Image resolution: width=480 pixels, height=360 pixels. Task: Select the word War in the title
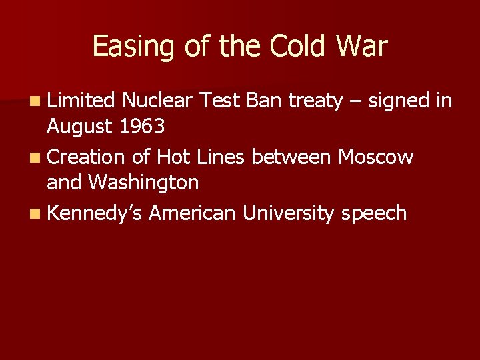(362, 47)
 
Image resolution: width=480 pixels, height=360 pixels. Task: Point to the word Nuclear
(157, 101)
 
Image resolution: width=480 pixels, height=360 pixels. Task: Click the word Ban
(265, 101)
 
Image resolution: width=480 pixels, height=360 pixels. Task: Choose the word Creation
(86, 157)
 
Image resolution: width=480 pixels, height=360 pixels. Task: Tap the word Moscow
(375, 157)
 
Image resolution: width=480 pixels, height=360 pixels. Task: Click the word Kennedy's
(95, 214)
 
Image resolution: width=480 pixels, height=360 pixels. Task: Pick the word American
(192, 213)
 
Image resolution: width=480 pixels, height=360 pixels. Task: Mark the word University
(289, 214)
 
